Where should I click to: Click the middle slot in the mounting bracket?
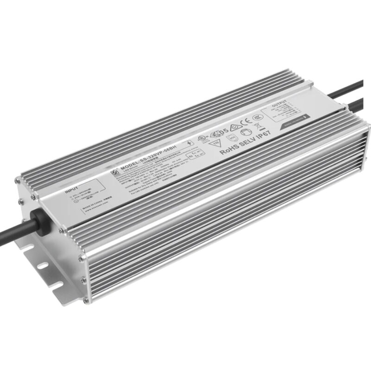(42, 266)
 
